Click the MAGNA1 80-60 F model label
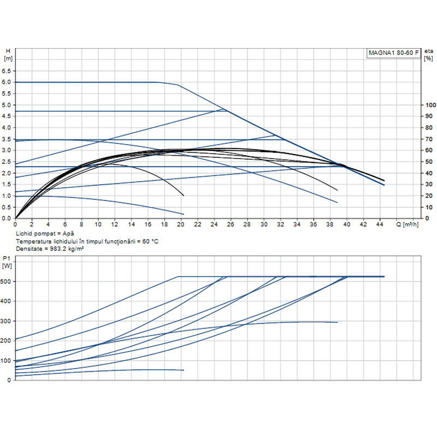393,52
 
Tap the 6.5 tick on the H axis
7,71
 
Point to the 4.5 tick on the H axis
7,116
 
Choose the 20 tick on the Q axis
181,225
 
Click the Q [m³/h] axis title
407,225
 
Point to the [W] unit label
7,266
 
